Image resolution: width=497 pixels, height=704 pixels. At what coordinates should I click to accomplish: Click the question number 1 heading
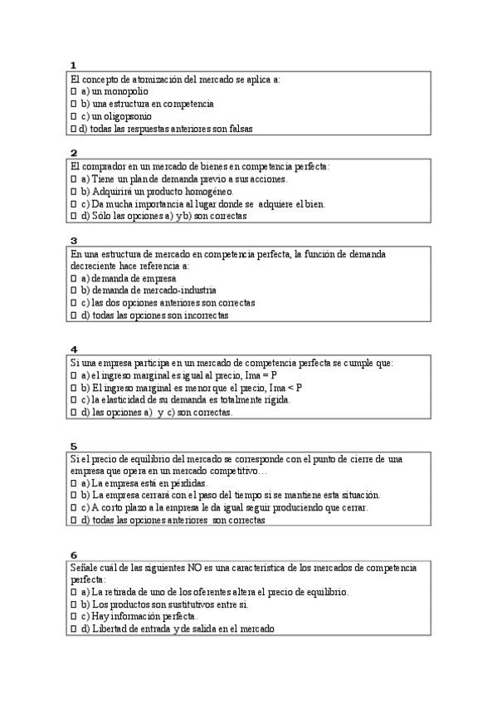pyautogui.click(x=74, y=65)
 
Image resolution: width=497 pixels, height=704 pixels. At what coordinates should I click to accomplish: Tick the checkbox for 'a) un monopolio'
pyautogui.click(x=73, y=91)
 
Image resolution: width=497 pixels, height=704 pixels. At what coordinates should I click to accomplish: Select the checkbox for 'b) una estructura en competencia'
pyautogui.click(x=73, y=104)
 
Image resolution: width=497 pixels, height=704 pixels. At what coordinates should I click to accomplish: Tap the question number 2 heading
pyautogui.click(x=74, y=153)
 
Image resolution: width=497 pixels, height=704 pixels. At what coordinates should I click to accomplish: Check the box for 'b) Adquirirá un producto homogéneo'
pyautogui.click(x=73, y=191)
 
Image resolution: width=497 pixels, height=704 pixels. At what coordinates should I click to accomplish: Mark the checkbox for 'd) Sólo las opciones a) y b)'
pyautogui.click(x=73, y=216)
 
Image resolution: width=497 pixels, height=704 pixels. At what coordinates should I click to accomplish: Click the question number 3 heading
pyautogui.click(x=74, y=241)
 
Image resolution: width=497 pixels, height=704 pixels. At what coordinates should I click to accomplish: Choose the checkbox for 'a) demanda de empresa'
pyautogui.click(x=73, y=278)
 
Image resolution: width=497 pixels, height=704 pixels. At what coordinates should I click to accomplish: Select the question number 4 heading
pyautogui.click(x=74, y=350)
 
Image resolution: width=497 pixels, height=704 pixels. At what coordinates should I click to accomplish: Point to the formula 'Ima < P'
pyautogui.click(x=284, y=388)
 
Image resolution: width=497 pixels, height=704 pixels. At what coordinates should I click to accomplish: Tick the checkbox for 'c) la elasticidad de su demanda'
pyautogui.click(x=73, y=400)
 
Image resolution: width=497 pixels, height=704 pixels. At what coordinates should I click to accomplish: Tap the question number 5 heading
pyautogui.click(x=74, y=446)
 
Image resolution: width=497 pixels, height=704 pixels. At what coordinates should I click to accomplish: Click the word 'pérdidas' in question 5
pyautogui.click(x=188, y=483)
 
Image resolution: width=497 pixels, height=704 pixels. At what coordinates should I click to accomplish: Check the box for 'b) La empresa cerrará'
pyautogui.click(x=73, y=496)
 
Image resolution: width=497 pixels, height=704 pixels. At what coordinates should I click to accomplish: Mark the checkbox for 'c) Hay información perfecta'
pyautogui.click(x=73, y=617)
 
